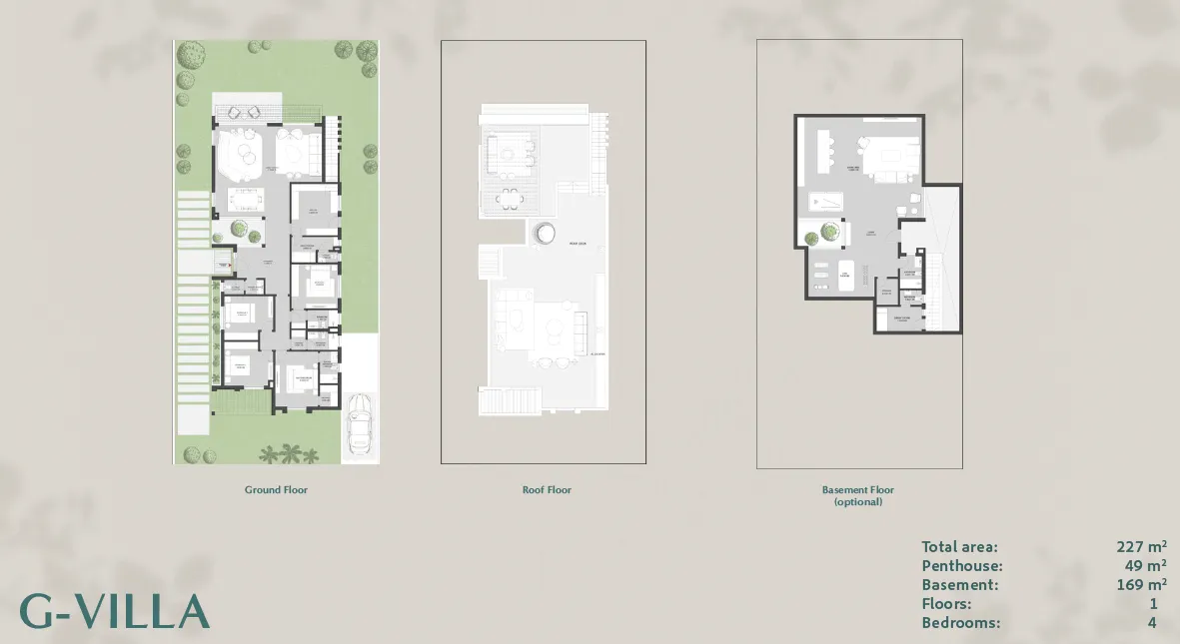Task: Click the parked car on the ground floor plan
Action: tap(360, 422)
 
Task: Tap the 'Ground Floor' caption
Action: tap(276, 490)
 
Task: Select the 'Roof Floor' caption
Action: tap(547, 490)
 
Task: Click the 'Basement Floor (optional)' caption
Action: tap(858, 495)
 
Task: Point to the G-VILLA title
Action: tap(115, 611)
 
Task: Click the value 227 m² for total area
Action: tap(1141, 547)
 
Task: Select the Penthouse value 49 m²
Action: tap(1145, 566)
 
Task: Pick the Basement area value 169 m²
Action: tap(1141, 585)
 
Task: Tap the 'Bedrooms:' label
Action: tap(960, 623)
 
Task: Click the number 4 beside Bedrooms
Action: tap(1153, 623)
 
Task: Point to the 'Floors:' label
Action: tap(946, 604)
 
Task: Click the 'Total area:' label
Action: tap(959, 547)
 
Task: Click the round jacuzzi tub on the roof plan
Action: tap(545, 233)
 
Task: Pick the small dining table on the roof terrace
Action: tap(511, 196)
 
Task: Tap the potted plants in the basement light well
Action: tap(826, 234)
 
